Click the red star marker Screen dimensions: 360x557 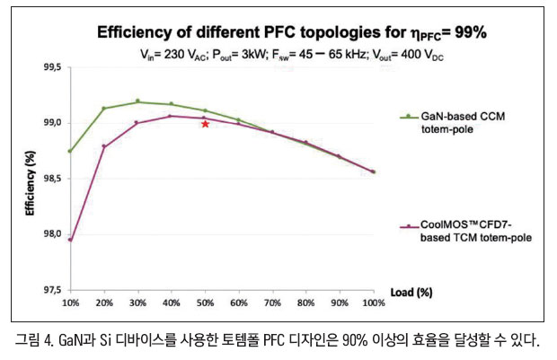click(206, 124)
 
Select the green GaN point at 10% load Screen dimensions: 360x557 click(70, 151)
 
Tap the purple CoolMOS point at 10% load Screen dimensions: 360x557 click(70, 240)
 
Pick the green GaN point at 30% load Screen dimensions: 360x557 click(137, 101)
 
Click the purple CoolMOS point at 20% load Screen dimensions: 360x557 click(104, 146)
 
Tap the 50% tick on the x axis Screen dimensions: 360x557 click(205, 303)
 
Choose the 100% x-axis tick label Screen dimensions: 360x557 click(373, 303)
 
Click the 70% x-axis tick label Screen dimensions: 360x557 click(272, 303)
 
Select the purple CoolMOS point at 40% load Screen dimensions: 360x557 click(172, 116)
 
